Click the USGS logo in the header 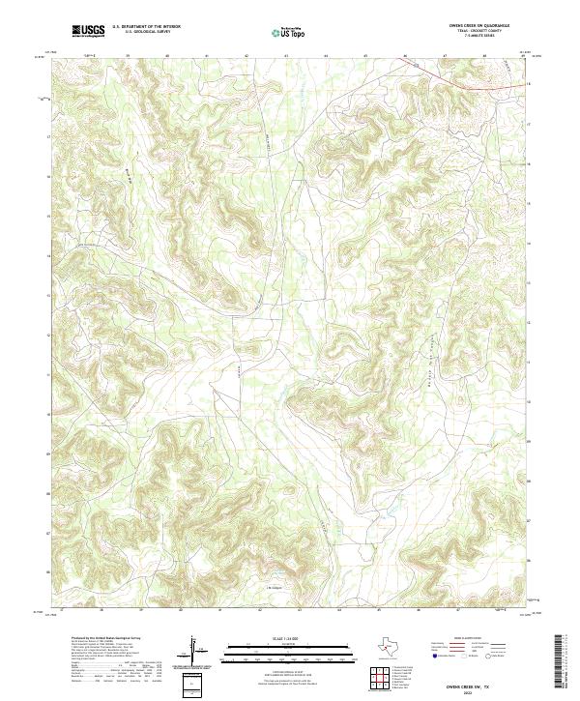(89, 31)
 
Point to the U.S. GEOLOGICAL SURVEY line (146, 33)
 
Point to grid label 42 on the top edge (247, 56)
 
